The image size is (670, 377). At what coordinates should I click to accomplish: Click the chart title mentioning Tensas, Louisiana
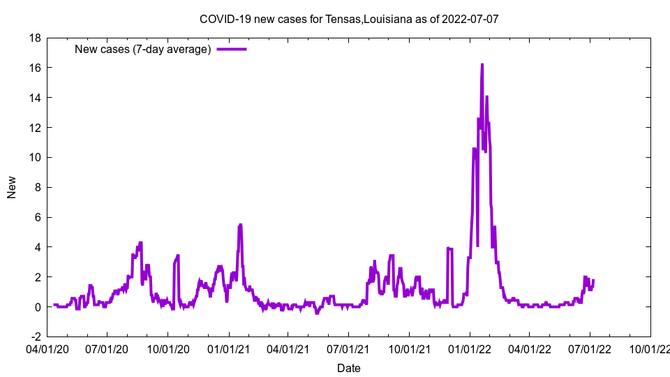click(349, 19)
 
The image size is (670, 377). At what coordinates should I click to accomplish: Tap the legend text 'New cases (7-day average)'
click(142, 49)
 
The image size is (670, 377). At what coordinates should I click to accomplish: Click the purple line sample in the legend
click(232, 49)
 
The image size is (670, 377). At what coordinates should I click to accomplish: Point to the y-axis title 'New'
click(12, 187)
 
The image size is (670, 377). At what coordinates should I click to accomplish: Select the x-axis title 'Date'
click(349, 368)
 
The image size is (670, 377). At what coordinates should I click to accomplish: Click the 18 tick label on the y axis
click(34, 38)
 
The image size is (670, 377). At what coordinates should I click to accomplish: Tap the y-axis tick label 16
click(34, 68)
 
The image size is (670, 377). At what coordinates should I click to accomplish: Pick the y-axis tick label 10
click(34, 158)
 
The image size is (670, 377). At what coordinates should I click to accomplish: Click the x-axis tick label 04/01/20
click(47, 347)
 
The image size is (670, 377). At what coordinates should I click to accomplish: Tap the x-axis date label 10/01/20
click(167, 347)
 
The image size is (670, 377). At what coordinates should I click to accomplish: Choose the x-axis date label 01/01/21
click(228, 347)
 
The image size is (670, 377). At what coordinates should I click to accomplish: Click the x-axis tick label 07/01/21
click(348, 347)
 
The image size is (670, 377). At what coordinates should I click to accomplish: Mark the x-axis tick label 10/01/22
click(650, 347)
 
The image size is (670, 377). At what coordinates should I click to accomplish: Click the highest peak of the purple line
click(482, 64)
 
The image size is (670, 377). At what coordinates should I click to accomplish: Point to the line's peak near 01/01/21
click(240, 225)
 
